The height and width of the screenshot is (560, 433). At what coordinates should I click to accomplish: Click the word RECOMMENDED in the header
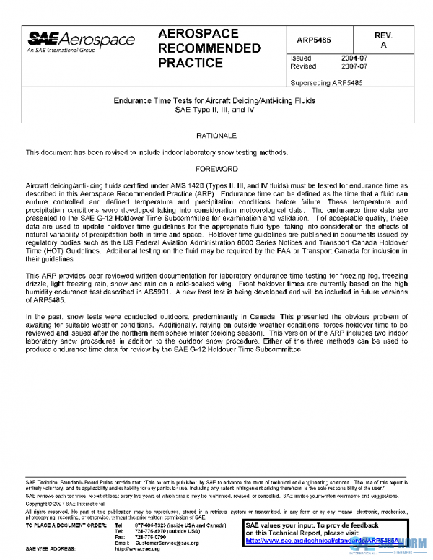pos(209,48)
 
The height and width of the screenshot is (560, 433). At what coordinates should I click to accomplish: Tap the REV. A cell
pos(383,40)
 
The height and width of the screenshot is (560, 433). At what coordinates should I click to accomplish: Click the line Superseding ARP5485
pos(325,82)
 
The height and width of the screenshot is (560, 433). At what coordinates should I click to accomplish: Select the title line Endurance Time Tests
pos(214,101)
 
